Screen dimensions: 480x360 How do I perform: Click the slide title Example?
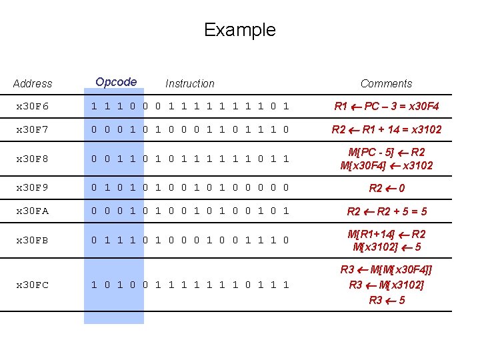(239, 30)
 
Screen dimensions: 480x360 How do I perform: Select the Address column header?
(32, 84)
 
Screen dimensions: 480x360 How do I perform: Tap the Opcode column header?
(116, 82)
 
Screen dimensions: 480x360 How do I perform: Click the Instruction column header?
(190, 84)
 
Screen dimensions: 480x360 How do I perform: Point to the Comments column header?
(386, 84)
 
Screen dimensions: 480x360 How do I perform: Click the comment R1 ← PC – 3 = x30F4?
(387, 107)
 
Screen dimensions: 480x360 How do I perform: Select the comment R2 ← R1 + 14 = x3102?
(387, 129)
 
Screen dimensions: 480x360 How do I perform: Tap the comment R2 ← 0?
(387, 189)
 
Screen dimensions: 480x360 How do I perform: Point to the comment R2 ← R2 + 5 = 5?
(387, 212)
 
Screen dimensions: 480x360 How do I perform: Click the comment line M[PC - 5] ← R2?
(387, 153)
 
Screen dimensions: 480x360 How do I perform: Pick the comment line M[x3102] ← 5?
(387, 247)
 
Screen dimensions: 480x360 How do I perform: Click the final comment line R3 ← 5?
(387, 300)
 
